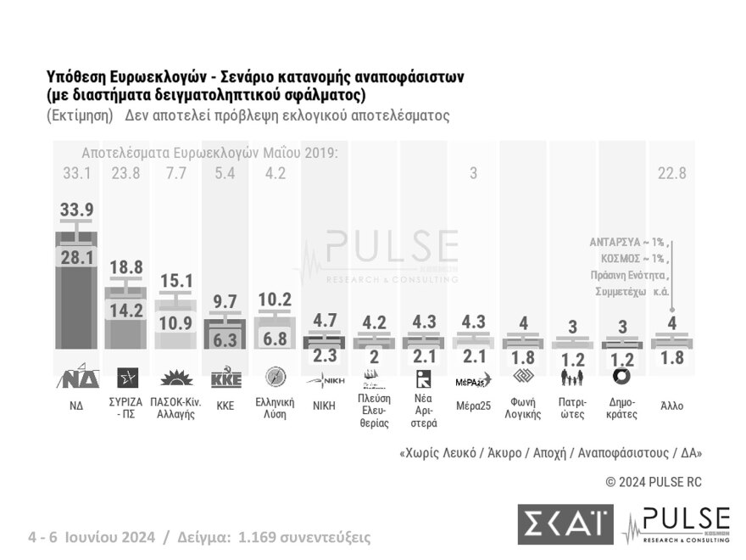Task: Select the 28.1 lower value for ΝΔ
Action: click(76, 257)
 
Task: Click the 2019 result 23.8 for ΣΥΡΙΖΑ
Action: click(126, 174)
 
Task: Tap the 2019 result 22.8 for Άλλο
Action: click(671, 174)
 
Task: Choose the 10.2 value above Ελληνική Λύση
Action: click(276, 300)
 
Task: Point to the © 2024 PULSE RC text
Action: click(654, 482)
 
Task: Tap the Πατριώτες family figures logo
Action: click(572, 378)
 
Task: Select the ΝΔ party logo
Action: click(76, 378)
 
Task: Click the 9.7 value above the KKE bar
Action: click(225, 300)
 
